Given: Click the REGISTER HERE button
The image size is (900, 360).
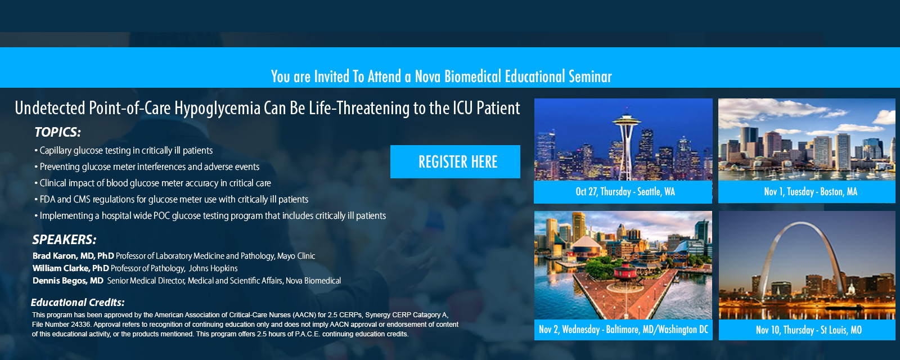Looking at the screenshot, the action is coord(455,161).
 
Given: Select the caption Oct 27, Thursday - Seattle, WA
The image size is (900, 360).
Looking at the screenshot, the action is coord(625,192).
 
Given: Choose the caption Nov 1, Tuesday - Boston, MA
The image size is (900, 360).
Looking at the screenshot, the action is coord(811,192).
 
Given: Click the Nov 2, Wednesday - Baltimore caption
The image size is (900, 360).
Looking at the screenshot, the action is coord(623,330).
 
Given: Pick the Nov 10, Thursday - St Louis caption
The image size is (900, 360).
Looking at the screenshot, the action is coord(808,330).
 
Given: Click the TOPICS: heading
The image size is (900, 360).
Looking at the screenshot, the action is coord(57,132).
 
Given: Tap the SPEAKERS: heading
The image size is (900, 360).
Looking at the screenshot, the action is coord(64,240).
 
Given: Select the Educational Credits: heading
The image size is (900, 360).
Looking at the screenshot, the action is coord(78,302).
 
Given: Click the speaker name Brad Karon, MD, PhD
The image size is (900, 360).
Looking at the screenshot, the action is coord(73,256).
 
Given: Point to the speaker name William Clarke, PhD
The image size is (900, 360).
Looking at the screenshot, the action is coord(71,268).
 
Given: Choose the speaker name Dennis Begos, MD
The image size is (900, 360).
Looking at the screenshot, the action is coord(68,281).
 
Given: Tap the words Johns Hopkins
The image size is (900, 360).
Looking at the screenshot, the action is coord(213,268).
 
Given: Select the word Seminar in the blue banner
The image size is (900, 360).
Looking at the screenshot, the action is coord(590,76).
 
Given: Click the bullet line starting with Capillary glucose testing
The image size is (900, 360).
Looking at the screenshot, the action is coord(123,151).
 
